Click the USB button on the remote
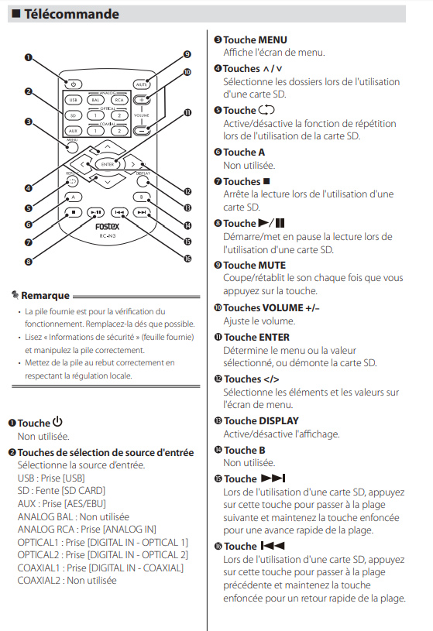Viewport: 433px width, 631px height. tap(73, 100)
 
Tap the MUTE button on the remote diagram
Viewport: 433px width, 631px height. tap(141, 83)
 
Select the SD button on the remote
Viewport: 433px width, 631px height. tap(73, 115)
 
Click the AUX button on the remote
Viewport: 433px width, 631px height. tap(73, 132)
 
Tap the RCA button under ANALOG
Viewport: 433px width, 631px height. tap(119, 100)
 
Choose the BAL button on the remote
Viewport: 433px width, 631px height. tap(95, 100)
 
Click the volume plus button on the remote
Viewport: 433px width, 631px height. tap(141, 100)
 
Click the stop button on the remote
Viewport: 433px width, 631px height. tap(73, 211)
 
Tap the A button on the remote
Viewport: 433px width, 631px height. tap(73, 197)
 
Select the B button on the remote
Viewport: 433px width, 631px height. tap(141, 197)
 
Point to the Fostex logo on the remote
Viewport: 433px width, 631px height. tap(107, 229)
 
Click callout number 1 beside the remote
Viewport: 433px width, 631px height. tap(28, 57)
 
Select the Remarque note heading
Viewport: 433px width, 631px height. tap(45, 295)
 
